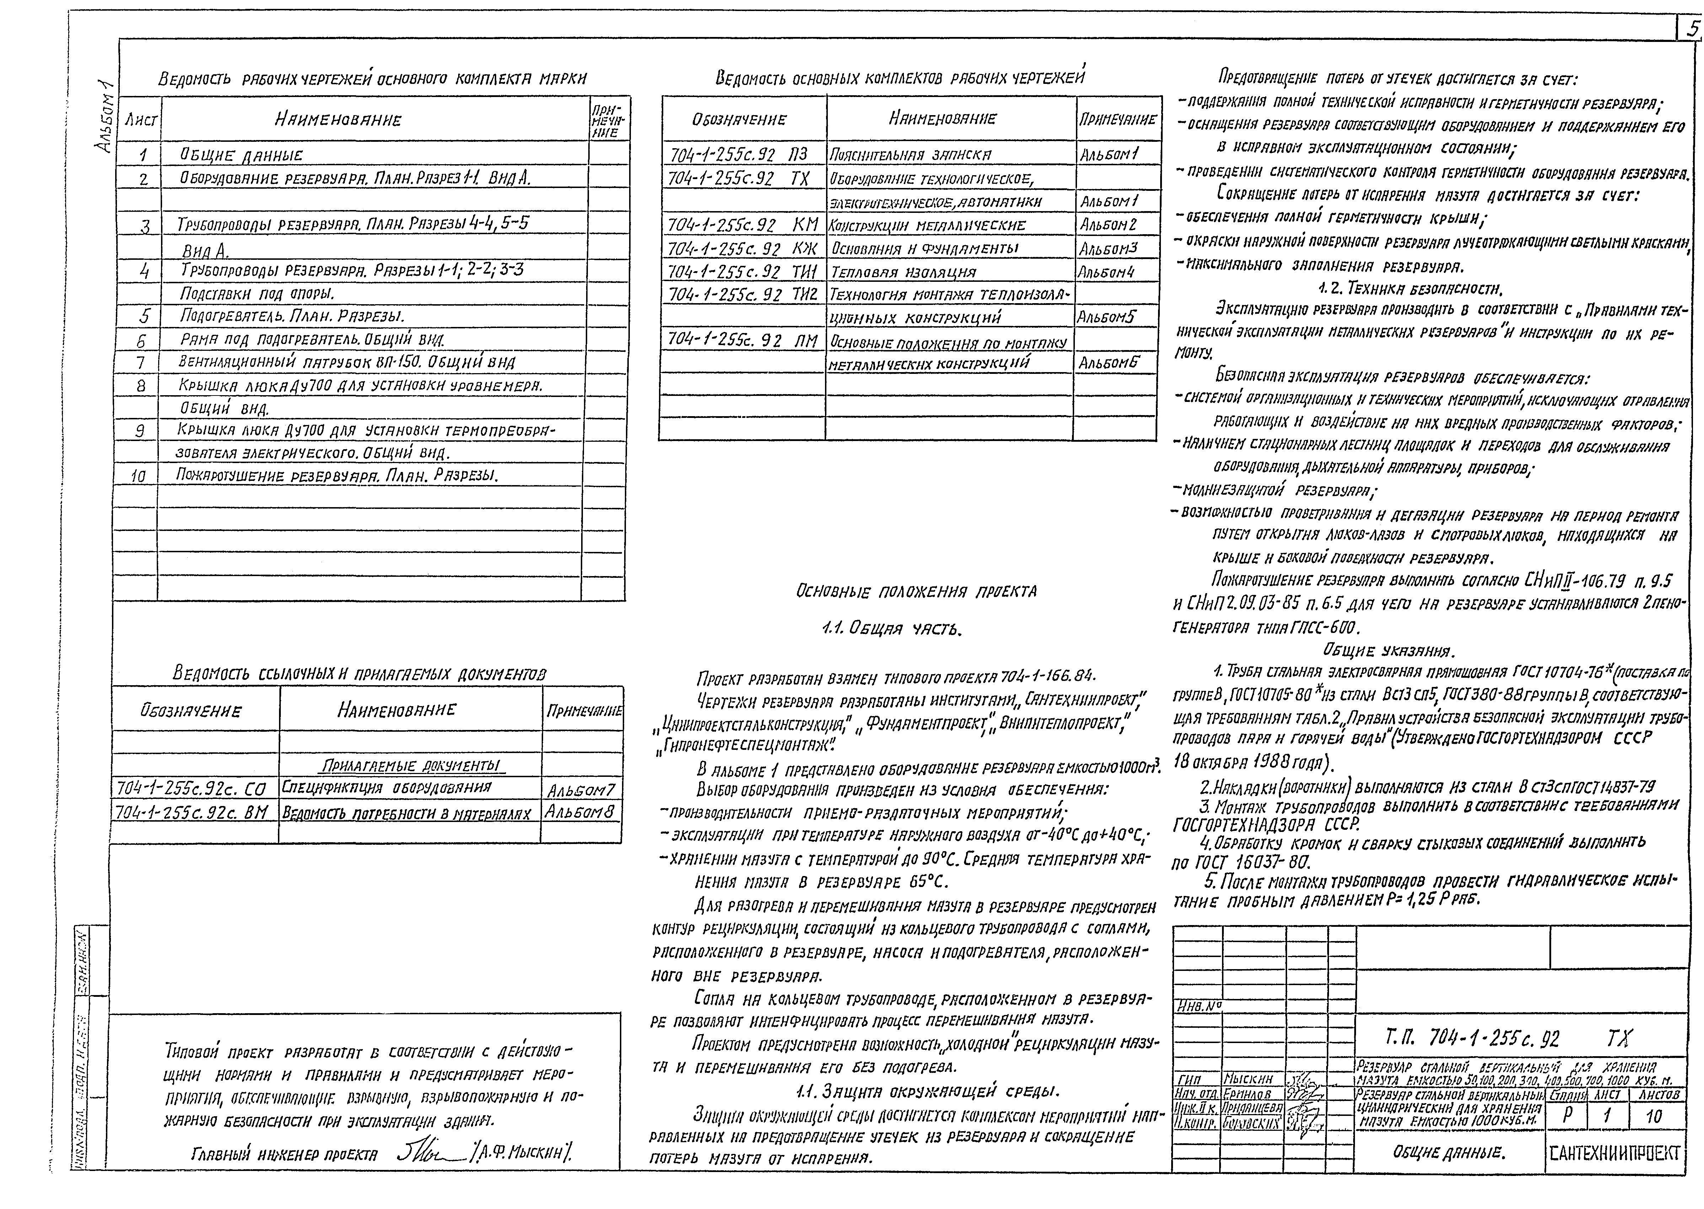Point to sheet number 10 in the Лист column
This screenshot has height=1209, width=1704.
139,476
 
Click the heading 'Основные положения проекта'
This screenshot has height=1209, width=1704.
916,592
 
